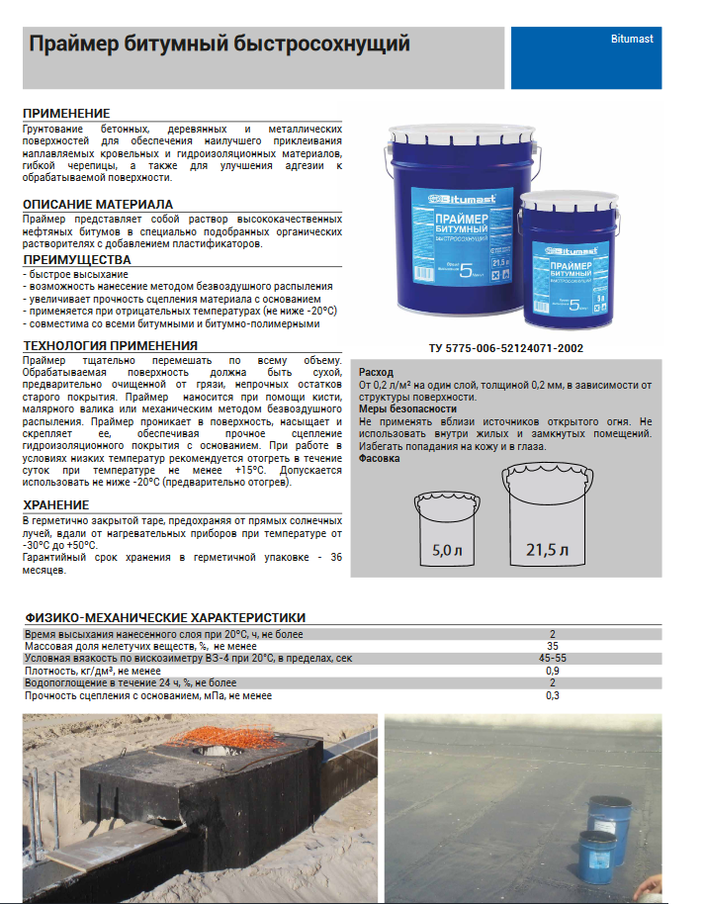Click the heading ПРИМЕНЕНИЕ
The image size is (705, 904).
click(66, 113)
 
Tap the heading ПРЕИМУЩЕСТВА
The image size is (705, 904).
click(76, 259)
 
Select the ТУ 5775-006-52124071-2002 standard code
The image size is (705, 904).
click(506, 348)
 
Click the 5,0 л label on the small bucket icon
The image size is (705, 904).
click(447, 551)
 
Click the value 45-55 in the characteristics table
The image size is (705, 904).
click(553, 658)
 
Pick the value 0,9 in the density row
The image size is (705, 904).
click(553, 671)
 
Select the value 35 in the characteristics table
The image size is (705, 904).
click(553, 646)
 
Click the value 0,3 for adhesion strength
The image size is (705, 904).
click(553, 695)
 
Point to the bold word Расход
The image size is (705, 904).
click(376, 372)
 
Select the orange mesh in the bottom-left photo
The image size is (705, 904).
click(213, 737)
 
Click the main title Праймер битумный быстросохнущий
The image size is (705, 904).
click(219, 45)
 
